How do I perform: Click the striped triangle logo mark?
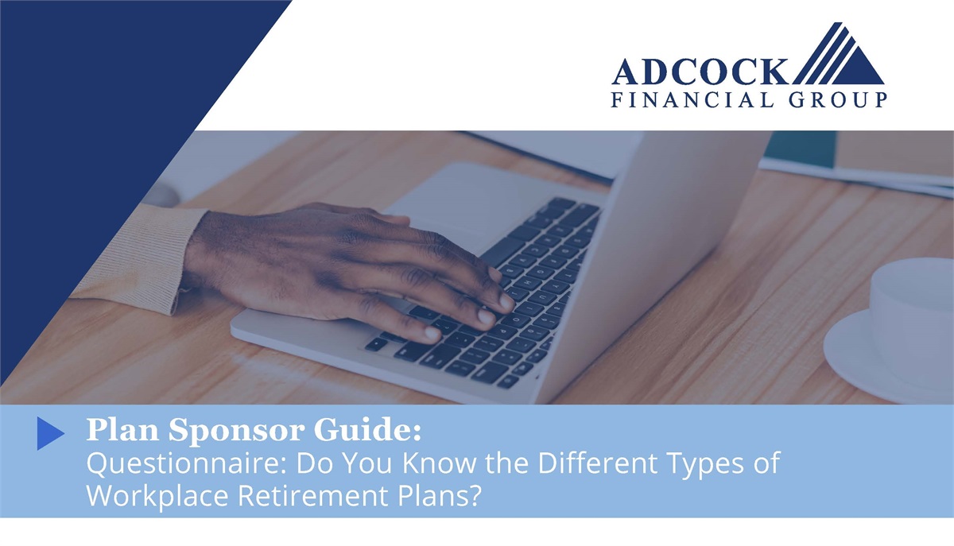[838, 57]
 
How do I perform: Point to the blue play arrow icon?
[50, 432]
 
